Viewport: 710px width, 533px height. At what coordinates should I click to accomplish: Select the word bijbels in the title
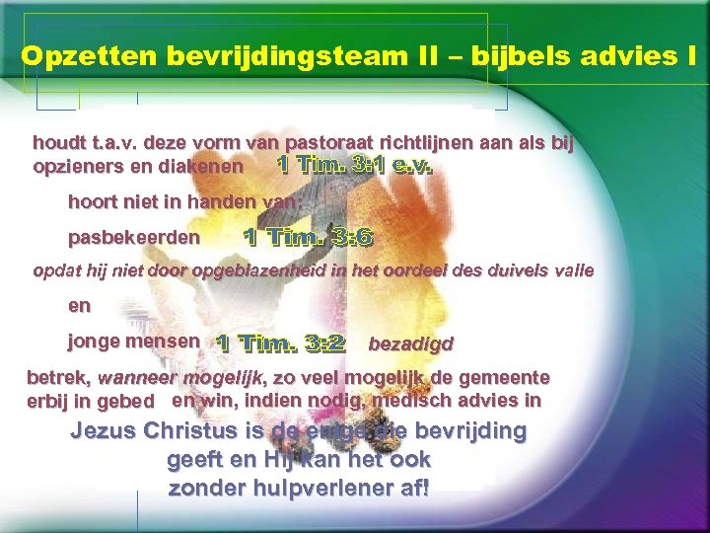tap(505, 57)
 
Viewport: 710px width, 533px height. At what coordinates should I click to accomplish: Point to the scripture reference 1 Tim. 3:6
tap(309, 237)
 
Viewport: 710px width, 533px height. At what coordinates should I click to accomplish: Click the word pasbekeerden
tap(133, 238)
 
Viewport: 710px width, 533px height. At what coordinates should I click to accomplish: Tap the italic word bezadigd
tap(410, 344)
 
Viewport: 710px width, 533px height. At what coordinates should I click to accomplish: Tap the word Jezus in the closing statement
tap(104, 431)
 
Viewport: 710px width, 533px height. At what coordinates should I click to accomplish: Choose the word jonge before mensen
tap(90, 342)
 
